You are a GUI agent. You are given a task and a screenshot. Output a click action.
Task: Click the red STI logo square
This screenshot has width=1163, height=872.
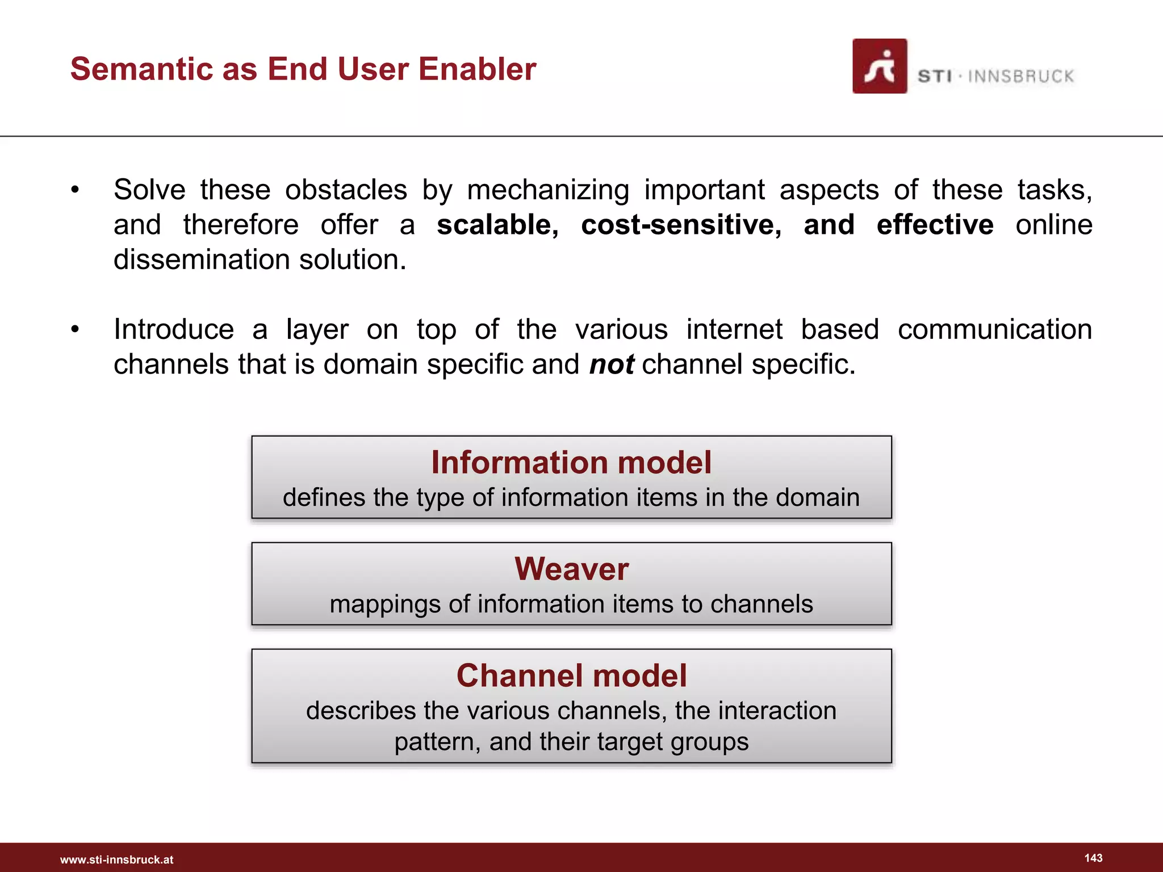(879, 66)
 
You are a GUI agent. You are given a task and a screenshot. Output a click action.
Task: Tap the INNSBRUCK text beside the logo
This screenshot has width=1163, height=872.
(1020, 76)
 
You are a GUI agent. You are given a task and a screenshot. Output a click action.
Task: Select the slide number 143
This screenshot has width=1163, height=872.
(1093, 858)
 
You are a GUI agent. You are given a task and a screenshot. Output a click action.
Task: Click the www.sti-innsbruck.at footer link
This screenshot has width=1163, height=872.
(116, 860)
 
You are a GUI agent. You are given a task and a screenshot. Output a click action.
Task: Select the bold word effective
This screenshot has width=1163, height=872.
(935, 225)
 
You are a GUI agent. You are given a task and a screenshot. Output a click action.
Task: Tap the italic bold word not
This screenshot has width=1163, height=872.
(611, 364)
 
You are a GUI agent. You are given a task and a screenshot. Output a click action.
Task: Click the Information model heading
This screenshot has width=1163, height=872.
(571, 462)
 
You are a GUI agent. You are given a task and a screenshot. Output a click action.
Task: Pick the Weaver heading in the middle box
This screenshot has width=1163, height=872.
(571, 569)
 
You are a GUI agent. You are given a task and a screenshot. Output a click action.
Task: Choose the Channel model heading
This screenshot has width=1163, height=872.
(571, 676)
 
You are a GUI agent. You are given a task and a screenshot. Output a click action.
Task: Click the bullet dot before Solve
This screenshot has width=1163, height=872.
(75, 190)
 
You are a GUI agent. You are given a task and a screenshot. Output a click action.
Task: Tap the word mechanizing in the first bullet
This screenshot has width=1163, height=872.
(548, 190)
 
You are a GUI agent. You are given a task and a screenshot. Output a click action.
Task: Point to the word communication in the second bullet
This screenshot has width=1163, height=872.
(994, 330)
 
